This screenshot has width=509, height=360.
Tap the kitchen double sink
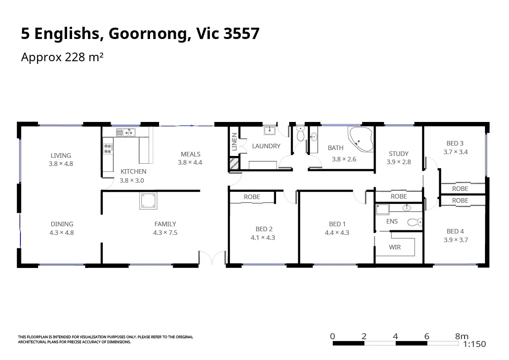(x=126, y=132)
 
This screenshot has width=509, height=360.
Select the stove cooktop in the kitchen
(x=108, y=149)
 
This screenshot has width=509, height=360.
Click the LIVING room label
(x=61, y=156)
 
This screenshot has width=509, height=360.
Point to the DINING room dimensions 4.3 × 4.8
(x=61, y=233)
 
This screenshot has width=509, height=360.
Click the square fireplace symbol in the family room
(x=148, y=200)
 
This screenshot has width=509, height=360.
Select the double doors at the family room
(x=212, y=258)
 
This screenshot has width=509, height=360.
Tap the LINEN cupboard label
(x=234, y=141)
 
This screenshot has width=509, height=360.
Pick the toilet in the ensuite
(x=415, y=222)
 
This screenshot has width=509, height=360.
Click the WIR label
(x=394, y=247)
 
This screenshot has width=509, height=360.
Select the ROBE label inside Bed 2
(x=252, y=197)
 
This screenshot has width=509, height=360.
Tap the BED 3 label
(x=455, y=144)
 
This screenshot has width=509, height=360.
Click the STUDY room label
(x=398, y=154)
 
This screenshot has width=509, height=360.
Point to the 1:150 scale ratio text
(x=474, y=344)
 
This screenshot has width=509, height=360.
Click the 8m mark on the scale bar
(x=461, y=336)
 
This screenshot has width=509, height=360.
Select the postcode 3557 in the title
(x=242, y=34)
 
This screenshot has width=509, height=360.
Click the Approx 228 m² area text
(x=63, y=58)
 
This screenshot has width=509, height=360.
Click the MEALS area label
(x=190, y=154)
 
